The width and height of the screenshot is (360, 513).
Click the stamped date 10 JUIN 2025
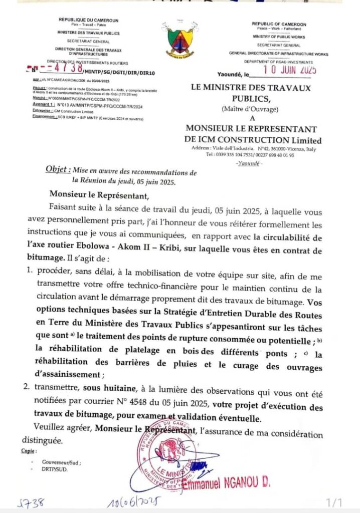coord(284,70)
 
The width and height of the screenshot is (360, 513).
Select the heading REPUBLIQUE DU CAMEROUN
coord(88,20)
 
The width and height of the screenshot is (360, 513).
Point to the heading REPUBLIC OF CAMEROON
coord(279,24)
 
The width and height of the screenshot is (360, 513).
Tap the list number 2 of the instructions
coord(29,386)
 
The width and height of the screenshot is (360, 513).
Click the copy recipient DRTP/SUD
coord(56,470)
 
